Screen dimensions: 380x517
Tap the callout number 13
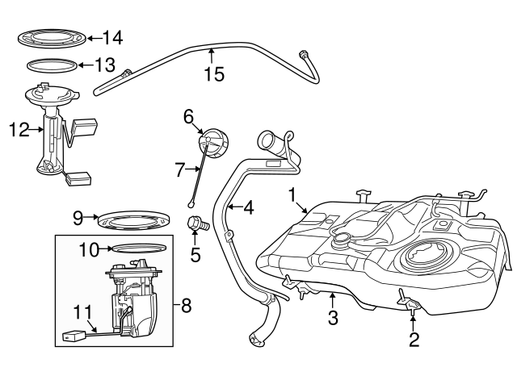(x=106, y=65)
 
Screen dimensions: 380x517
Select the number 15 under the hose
(x=214, y=74)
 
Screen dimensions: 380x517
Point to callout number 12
(x=19, y=128)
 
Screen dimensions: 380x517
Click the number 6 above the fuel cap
(x=188, y=117)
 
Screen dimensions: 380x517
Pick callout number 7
(x=181, y=169)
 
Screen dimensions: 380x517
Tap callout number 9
(x=78, y=217)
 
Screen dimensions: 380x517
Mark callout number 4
(x=247, y=207)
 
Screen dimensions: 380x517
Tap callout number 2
(x=414, y=340)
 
